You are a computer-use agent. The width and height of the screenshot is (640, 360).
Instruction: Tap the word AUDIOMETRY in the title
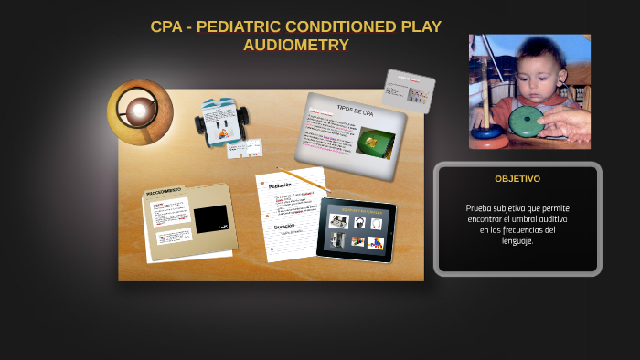295,45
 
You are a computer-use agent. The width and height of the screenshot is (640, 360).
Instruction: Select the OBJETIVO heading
517,179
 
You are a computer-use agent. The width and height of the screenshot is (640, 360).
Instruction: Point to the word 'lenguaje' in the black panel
517,241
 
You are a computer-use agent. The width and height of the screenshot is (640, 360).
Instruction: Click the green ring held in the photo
526,118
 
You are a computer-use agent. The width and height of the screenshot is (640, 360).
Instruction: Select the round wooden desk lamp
140,111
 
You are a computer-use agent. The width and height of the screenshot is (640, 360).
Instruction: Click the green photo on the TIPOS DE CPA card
376,143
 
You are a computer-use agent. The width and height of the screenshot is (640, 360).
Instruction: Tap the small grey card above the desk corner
408,90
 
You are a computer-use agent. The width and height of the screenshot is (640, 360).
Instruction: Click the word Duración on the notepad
284,226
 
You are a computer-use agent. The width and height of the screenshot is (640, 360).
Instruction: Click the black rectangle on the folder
211,218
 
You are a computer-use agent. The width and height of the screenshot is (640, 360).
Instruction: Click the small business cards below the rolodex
244,148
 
